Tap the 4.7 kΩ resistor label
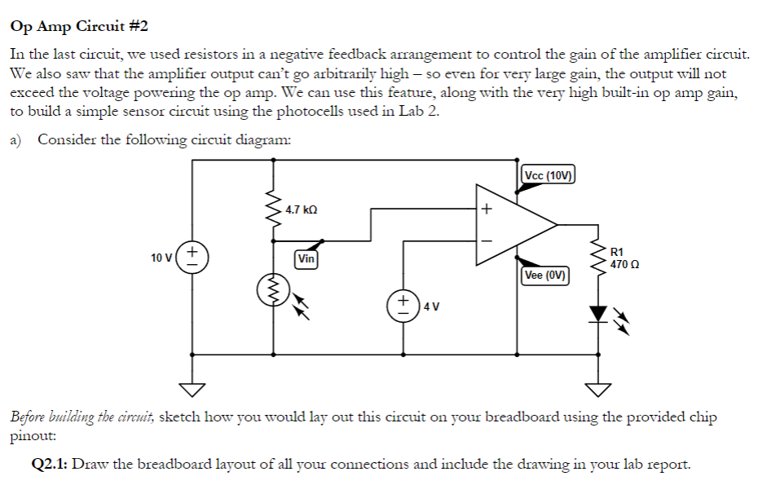click(x=301, y=209)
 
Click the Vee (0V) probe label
click(x=546, y=276)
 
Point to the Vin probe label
click(x=306, y=259)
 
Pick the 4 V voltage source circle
click(x=403, y=306)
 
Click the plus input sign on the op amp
click(x=486, y=209)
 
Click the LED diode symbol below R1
click(x=601, y=313)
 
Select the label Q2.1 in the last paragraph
click(x=48, y=465)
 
